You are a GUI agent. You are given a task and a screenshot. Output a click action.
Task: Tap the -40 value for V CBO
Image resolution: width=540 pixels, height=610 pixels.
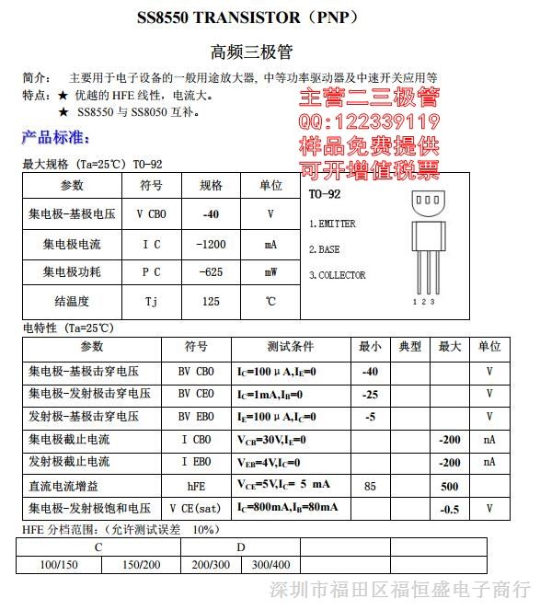click(211, 213)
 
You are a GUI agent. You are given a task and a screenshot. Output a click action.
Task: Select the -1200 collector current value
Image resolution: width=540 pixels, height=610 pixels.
click(211, 244)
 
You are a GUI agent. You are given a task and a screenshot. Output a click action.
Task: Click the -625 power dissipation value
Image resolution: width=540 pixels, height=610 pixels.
click(211, 272)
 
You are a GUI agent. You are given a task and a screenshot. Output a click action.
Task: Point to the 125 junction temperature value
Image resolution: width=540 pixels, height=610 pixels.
click(211, 301)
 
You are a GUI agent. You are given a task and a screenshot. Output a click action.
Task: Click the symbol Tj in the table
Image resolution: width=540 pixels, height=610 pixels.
click(152, 301)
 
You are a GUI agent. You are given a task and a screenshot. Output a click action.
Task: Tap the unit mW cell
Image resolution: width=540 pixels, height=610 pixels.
click(270, 272)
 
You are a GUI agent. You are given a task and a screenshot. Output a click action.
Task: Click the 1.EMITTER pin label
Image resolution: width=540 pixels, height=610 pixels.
click(332, 224)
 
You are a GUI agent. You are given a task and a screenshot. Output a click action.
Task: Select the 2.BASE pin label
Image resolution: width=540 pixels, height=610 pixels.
click(324, 249)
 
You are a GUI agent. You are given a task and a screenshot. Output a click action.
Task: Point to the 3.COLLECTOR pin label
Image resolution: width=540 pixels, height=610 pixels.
click(337, 275)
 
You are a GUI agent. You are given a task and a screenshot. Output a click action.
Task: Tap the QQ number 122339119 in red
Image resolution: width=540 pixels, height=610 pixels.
click(368, 122)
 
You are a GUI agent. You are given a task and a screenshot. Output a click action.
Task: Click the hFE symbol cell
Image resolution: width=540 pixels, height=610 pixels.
click(196, 485)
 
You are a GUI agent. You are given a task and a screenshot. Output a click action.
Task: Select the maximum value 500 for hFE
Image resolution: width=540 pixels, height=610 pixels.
click(450, 485)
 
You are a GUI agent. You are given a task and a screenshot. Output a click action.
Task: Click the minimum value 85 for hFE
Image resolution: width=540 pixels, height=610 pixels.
click(370, 485)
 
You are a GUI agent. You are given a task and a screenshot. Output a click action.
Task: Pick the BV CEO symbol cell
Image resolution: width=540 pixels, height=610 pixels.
click(196, 394)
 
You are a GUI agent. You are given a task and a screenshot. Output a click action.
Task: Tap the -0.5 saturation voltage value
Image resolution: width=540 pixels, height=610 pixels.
click(450, 508)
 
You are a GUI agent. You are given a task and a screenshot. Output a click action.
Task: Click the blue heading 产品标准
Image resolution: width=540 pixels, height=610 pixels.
click(56, 137)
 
